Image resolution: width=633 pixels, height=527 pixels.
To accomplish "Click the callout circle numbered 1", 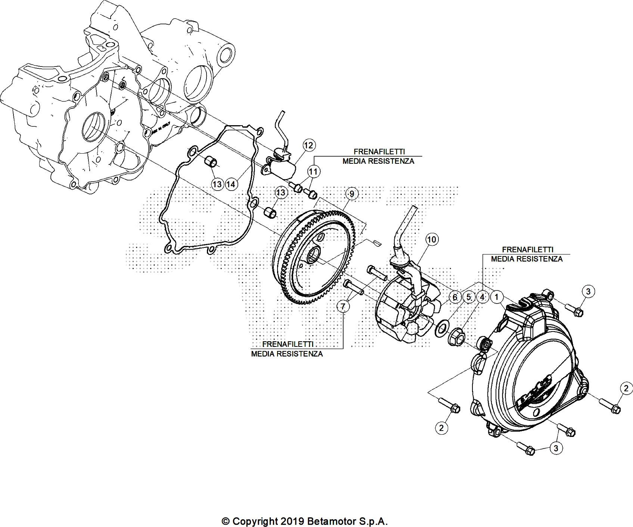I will [496, 297].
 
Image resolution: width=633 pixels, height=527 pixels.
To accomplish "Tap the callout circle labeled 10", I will [431, 239].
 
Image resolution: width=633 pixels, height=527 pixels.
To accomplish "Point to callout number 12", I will [309, 145].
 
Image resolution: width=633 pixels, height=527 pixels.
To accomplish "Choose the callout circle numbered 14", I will [231, 184].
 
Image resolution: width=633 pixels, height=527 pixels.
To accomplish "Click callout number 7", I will [343, 306].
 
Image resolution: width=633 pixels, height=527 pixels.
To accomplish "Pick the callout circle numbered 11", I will [314, 172].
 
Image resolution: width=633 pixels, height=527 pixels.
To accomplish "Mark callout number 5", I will [468, 297].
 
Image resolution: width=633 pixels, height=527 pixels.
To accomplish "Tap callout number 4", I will [482, 297].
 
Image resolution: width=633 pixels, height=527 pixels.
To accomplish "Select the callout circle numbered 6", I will [454, 297].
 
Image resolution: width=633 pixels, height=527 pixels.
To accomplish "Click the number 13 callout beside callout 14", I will [217, 184].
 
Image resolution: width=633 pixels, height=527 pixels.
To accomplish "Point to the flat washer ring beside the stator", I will [442, 328].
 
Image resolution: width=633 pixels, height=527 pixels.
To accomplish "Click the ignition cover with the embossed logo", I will [530, 374].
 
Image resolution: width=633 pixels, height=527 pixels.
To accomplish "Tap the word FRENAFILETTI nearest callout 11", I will [379, 152].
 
